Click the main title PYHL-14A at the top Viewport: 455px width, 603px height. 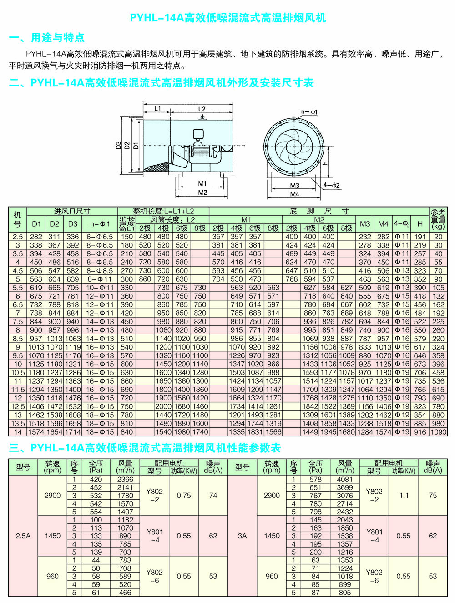(x=227, y=18)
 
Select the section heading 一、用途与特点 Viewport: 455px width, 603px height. (x=47, y=38)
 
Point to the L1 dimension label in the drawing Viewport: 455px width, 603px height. (x=157, y=109)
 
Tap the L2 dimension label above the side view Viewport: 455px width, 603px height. (x=202, y=109)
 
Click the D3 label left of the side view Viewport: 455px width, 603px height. (x=118, y=145)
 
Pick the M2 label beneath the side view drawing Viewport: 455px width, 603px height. (x=202, y=193)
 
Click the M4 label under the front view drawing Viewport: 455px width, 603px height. (x=295, y=194)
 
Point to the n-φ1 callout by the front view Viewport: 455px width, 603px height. (x=309, y=111)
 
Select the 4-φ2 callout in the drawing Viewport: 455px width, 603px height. (x=332, y=185)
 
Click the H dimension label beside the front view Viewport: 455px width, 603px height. (x=326, y=162)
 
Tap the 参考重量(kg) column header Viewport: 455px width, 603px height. (x=438, y=219)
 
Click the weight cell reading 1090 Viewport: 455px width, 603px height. (x=438, y=432)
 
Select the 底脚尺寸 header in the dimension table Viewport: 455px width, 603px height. (x=318, y=211)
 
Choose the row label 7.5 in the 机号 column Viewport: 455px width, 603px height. (x=18, y=321)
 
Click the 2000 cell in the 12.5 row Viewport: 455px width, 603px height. (x=163, y=406)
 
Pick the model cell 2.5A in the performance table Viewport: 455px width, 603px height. (x=23, y=536)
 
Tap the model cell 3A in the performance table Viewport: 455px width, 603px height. (x=242, y=536)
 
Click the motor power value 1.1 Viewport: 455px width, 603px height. (x=404, y=495)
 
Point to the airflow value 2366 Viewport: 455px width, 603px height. (x=125, y=479)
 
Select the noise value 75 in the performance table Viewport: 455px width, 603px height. (x=433, y=495)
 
